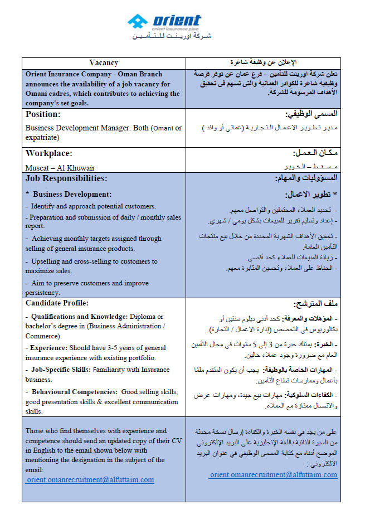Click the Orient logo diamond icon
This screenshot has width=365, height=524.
tap(137, 22)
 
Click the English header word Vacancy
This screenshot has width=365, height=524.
tap(104, 63)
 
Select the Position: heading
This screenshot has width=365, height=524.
tap(43, 114)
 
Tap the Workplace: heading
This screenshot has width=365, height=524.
tap(49, 153)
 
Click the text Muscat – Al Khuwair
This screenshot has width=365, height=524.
tap(60, 167)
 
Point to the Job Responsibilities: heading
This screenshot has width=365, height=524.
tap(66, 178)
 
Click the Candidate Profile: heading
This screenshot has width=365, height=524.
tap(57, 303)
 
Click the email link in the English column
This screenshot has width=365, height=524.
tap(90, 479)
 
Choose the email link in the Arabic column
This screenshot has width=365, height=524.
tap(273, 474)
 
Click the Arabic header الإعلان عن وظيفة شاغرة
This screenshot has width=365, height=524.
tap(271, 63)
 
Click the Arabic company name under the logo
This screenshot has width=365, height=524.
tap(172, 36)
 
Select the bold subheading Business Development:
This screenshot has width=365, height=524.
tap(72, 195)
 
